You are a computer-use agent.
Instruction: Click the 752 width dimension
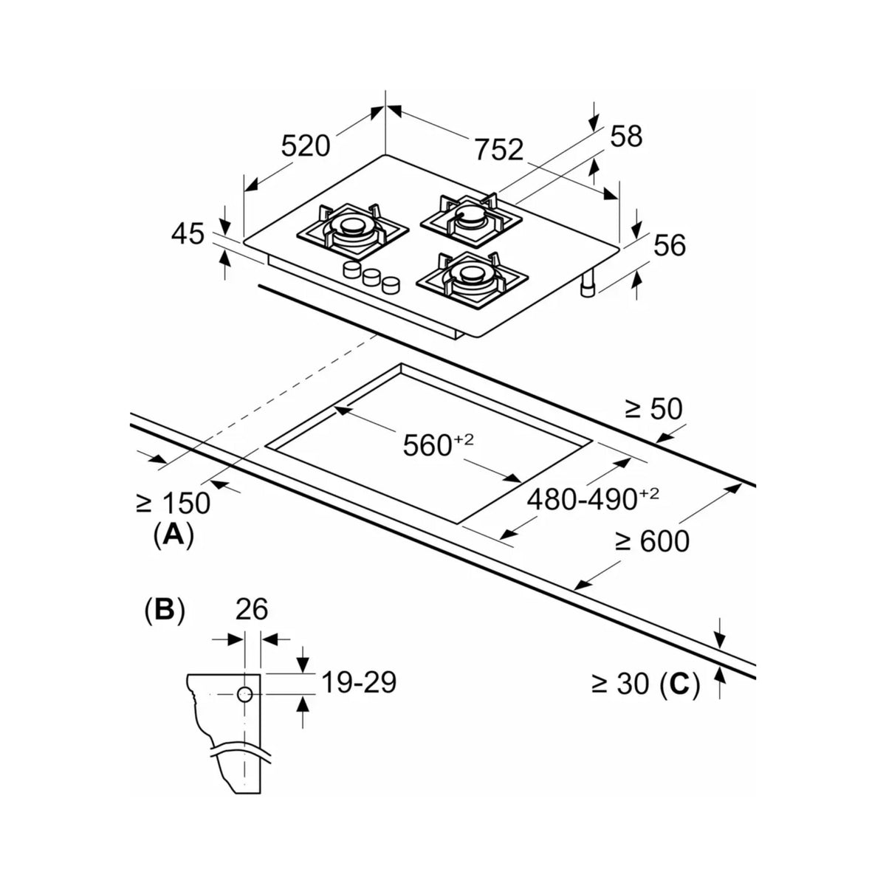tap(499, 149)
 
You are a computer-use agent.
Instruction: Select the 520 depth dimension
tap(306, 145)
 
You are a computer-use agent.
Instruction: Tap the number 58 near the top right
tap(626, 136)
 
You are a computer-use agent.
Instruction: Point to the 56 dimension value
tap(670, 245)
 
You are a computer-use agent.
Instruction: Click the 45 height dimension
tap(188, 233)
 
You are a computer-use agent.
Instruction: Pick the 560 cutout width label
tap(438, 444)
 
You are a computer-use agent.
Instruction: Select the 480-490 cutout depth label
tap(593, 499)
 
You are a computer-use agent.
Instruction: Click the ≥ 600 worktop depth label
tap(652, 541)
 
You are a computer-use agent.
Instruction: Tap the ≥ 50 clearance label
tap(653, 409)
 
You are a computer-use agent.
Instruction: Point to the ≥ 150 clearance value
tap(174, 503)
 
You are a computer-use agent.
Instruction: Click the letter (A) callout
tap(174, 535)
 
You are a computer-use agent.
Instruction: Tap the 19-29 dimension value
tap(359, 682)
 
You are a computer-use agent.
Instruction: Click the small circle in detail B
tap(244, 694)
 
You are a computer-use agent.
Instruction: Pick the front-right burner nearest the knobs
tap(473, 279)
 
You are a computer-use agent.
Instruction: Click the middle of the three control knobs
tap(370, 277)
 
